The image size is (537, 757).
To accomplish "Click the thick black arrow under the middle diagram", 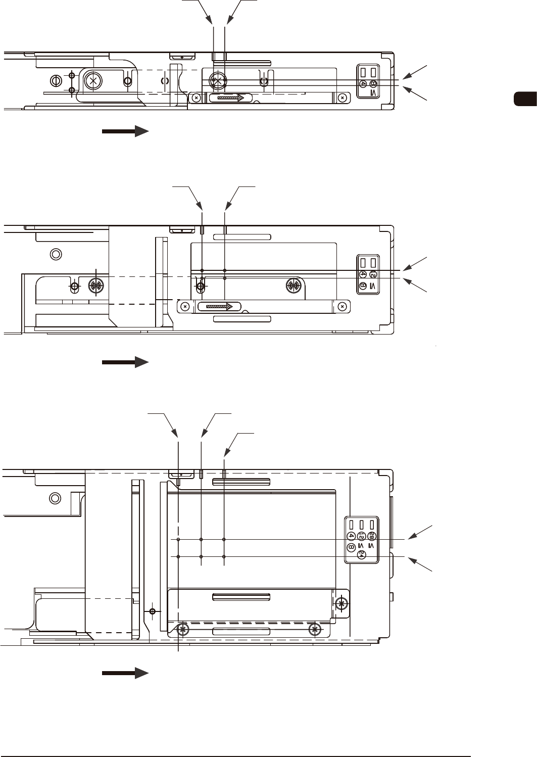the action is point(125,362).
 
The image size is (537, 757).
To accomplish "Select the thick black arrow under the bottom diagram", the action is point(125,673).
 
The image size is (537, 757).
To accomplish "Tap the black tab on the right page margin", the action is point(525,99).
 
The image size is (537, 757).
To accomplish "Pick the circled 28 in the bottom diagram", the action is point(372,536).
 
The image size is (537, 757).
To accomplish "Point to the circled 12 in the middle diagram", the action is point(373,274).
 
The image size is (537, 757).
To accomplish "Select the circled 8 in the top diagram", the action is point(373,83).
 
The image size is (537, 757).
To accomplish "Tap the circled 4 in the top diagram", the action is point(363,83).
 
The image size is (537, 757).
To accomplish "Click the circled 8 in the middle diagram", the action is point(363,286).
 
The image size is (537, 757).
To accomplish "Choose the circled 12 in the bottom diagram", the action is point(361,536).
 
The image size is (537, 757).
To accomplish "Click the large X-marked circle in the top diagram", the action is point(93,80).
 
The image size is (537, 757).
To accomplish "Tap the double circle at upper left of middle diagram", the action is point(57,254).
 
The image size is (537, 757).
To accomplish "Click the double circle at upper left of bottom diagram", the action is point(55,498).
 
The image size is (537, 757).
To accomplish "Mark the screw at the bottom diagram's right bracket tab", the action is point(342,603).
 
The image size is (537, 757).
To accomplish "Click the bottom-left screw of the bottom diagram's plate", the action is point(183,630).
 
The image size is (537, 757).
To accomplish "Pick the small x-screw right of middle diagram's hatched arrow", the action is point(343,306).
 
